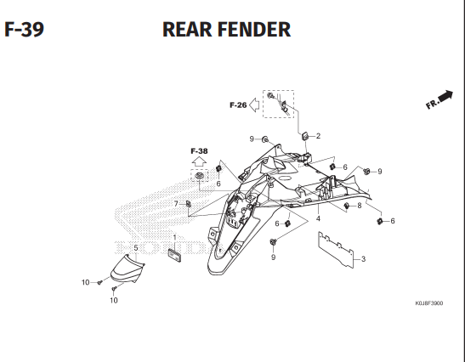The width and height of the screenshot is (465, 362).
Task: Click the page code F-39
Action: pyautogui.click(x=24, y=30)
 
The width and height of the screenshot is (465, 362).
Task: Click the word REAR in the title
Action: pyautogui.click(x=191, y=30)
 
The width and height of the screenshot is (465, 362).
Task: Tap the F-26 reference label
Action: pyautogui.click(x=237, y=105)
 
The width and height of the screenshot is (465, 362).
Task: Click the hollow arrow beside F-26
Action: pyautogui.click(x=254, y=105)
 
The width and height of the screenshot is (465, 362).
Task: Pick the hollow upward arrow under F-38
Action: pyautogui.click(x=199, y=160)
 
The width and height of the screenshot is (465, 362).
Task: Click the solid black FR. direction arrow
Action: pyautogui.click(x=443, y=95)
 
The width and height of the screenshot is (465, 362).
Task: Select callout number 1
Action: pyautogui.click(x=174, y=237)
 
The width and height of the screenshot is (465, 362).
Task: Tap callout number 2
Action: pyautogui.click(x=318, y=136)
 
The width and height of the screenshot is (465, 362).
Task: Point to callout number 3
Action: pyautogui.click(x=363, y=259)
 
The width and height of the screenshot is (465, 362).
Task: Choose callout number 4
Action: pyautogui.click(x=318, y=218)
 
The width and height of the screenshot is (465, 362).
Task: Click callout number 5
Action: pyautogui.click(x=135, y=247)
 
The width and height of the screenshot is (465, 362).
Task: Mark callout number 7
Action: pyautogui.click(x=176, y=204)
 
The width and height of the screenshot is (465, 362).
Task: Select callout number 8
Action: pyautogui.click(x=360, y=206)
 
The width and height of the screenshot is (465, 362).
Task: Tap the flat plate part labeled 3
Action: pyautogui.click(x=338, y=252)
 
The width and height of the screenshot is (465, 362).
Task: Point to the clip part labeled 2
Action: pyautogui.click(x=303, y=136)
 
